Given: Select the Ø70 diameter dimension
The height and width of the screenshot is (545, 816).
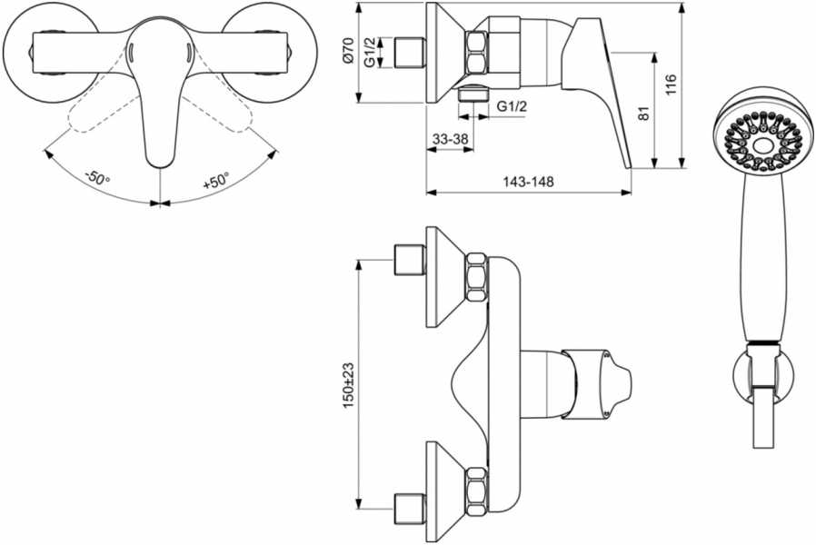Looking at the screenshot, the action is click(x=348, y=51).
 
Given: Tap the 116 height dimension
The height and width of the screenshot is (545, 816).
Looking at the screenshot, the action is click(x=671, y=84).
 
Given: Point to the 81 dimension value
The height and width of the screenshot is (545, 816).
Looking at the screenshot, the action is click(x=643, y=114).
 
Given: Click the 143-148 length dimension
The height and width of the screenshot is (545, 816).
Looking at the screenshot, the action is click(x=528, y=182).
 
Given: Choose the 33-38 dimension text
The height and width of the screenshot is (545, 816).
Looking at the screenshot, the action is click(x=451, y=139).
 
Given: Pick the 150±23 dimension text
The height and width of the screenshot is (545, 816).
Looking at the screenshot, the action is click(x=348, y=385).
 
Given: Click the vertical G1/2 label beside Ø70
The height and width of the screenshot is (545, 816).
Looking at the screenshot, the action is click(x=370, y=52).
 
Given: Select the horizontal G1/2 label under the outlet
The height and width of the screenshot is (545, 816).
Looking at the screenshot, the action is click(x=512, y=106).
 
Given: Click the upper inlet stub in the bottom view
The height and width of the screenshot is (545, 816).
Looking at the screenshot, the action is click(x=410, y=260).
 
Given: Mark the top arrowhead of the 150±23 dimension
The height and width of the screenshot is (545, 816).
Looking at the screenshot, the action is click(x=358, y=264).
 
